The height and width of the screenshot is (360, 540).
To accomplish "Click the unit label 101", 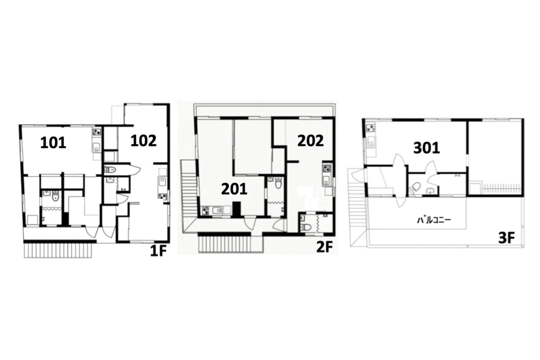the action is [x=53, y=142].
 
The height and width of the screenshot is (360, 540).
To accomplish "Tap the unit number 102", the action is [x=143, y=140].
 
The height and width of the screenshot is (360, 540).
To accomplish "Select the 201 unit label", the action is [x=234, y=189].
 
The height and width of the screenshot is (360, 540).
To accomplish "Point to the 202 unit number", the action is [x=311, y=140].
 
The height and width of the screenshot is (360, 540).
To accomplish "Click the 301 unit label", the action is [x=427, y=148].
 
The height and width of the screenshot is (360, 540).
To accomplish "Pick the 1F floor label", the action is [x=158, y=252].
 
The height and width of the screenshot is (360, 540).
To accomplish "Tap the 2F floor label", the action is [x=325, y=247].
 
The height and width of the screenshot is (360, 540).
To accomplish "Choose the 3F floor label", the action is [x=506, y=238].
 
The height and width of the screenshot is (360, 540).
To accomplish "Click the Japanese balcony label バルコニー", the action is [x=434, y=220].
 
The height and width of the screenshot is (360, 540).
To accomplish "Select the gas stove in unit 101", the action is [x=96, y=131].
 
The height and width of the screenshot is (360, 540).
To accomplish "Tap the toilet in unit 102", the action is [x=111, y=169].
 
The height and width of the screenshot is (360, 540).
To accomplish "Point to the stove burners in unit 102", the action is [x=162, y=196].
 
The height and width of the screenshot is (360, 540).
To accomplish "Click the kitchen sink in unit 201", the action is [x=216, y=210].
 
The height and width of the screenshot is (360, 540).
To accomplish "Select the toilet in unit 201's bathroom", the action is [x=278, y=183].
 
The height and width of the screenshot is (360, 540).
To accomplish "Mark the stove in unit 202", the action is [x=326, y=169].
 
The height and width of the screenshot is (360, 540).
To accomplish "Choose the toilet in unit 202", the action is [x=306, y=227].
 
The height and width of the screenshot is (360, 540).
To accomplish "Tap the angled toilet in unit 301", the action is [x=415, y=187].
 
